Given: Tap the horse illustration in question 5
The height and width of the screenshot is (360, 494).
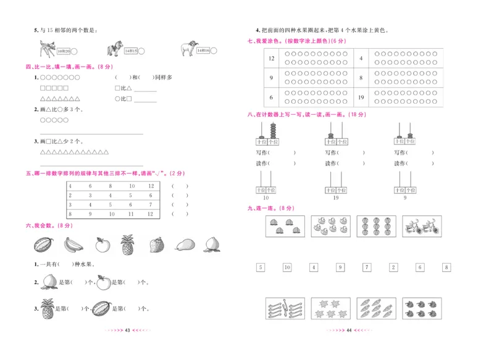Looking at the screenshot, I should pyautogui.click(x=114, y=49).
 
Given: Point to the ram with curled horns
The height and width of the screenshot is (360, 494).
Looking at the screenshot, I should pyautogui.click(x=189, y=49).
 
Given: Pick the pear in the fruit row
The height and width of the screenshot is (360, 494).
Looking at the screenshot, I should pyautogui.click(x=183, y=245).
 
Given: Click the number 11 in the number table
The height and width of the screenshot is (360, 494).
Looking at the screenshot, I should pyautogui.click(x=132, y=214).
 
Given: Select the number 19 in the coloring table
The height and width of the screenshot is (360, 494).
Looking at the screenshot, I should pyautogui.click(x=361, y=97).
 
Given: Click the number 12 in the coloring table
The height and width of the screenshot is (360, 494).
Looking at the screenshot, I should pyautogui.click(x=271, y=58).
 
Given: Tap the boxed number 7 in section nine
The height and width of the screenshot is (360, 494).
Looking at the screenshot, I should pyautogui.click(x=367, y=267).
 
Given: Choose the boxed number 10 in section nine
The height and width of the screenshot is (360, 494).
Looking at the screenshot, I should pyautogui.click(x=287, y=267).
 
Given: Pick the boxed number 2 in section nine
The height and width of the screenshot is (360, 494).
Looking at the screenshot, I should pyautogui.click(x=393, y=267).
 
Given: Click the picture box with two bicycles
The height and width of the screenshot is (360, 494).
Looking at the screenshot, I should pyautogui.click(x=421, y=227).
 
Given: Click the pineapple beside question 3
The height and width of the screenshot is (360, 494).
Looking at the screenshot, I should pyautogui.click(x=47, y=308).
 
